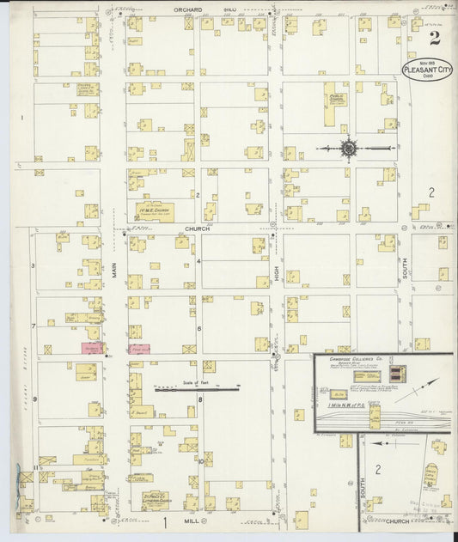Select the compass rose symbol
(x=349, y=149)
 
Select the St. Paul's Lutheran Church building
(x=154, y=499)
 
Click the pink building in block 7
(x=92, y=348)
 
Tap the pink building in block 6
(x=140, y=349)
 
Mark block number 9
(x=34, y=399)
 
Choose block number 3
(x=34, y=265)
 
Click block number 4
(x=199, y=259)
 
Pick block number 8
(x=200, y=399)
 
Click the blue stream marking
(x=16, y=477)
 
